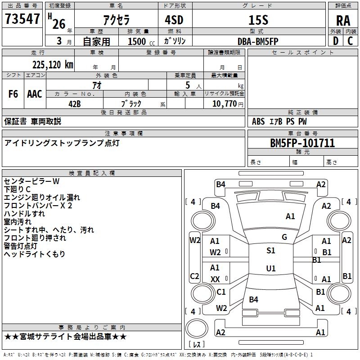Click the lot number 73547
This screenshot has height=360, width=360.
(x=22, y=19)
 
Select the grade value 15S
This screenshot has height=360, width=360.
(x=258, y=20)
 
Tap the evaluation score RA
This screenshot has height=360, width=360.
(x=343, y=21)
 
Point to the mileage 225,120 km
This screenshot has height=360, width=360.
(x=53, y=65)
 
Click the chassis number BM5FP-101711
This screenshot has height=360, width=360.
(x=302, y=143)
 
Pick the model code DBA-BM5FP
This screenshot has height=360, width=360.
(x=258, y=41)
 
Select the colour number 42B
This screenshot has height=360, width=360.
(x=75, y=104)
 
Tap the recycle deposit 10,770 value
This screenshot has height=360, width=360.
(x=224, y=104)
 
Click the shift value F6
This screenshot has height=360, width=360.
(x=13, y=94)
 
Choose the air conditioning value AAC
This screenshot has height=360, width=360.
(x=35, y=94)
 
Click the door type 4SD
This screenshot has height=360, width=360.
(x=174, y=20)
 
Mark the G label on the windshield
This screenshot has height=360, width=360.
(x=284, y=237)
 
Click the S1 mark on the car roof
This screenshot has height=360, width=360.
(x=271, y=251)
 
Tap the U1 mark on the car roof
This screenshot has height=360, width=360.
(x=271, y=268)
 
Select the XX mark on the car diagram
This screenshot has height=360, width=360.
(x=215, y=279)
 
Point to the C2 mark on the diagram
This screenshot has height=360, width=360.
(x=194, y=276)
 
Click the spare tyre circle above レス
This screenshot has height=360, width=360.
(x=197, y=328)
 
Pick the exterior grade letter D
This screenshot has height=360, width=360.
(x=336, y=41)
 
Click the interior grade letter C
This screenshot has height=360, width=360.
(x=350, y=41)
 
